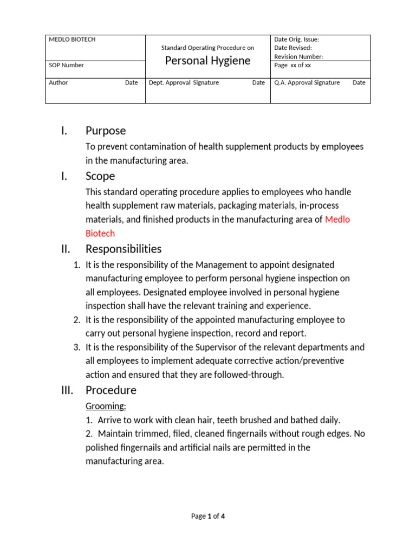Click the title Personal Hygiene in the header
click(207, 61)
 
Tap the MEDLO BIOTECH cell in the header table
click(72, 40)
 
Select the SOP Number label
click(67, 65)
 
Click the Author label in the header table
click(58, 82)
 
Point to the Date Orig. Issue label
click(296, 40)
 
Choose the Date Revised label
click(292, 48)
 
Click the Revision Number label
click(298, 56)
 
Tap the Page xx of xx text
click(292, 65)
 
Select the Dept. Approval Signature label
click(184, 82)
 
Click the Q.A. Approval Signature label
click(307, 82)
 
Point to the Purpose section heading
click(106, 131)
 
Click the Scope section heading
click(100, 176)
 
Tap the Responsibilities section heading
click(123, 249)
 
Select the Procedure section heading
click(111, 390)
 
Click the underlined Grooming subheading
click(106, 406)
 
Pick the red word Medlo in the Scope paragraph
click(337, 220)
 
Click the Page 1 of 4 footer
click(208, 516)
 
